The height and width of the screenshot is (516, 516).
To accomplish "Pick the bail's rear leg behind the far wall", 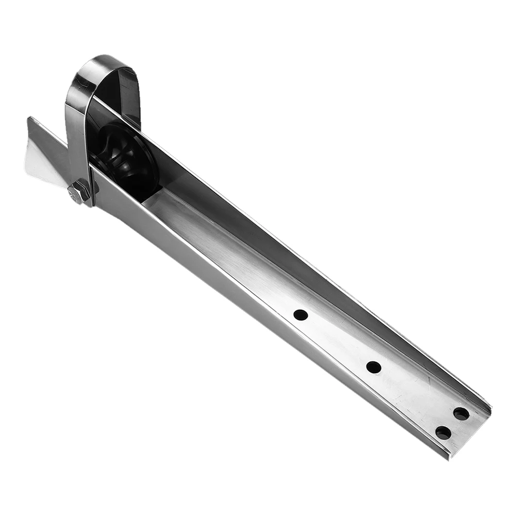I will click(132, 98).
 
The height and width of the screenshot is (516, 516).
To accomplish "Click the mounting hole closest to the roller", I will click(301, 314).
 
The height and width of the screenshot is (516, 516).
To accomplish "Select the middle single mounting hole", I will click(374, 368).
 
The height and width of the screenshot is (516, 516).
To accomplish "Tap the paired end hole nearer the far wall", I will click(461, 413).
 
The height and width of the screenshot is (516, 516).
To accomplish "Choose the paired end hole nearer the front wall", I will click(443, 432).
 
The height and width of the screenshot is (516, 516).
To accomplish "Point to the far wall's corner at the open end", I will click(490, 410).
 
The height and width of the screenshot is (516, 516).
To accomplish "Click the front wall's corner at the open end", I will click(450, 456).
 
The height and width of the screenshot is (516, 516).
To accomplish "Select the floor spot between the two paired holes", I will click(452, 423).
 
